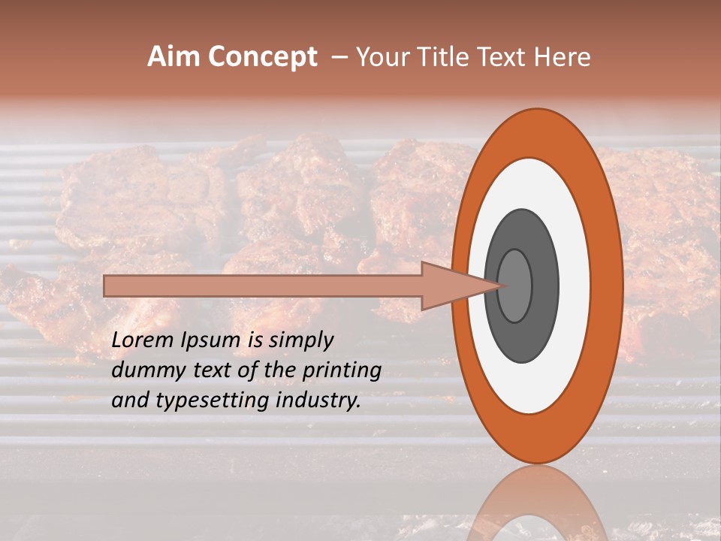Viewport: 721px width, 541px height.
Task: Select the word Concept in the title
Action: [x=263, y=58]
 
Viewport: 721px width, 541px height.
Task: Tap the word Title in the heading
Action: [x=451, y=57]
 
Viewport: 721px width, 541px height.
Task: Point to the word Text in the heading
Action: [x=506, y=57]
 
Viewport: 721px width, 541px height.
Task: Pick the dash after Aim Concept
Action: [x=339, y=58]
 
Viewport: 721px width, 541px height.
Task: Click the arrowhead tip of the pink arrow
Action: [x=502, y=286]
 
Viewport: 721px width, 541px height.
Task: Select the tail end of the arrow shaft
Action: [x=106, y=286]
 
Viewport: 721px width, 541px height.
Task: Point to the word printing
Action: [x=344, y=370]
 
